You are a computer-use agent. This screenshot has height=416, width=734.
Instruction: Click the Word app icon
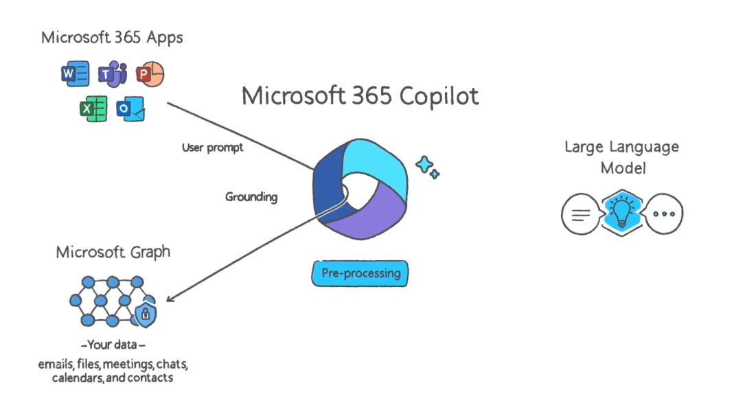(76, 73)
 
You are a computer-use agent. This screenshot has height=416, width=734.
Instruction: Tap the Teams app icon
(113, 74)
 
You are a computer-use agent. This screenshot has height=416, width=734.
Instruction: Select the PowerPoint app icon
(150, 74)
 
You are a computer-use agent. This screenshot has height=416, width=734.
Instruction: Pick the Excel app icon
(93, 109)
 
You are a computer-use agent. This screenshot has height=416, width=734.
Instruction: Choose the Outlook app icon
(130, 109)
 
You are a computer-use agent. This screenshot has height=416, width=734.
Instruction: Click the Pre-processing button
(360, 273)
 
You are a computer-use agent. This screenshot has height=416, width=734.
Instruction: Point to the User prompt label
(213, 148)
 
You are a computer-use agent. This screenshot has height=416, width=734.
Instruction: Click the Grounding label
(251, 196)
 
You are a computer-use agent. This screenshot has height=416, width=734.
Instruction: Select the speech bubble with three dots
(664, 214)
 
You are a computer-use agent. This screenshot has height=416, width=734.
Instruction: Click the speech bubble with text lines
(581, 214)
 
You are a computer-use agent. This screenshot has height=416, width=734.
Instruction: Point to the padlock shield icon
(146, 314)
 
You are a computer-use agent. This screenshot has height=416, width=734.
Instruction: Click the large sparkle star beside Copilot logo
(424, 165)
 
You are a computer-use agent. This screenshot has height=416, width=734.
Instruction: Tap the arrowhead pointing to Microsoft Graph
(170, 298)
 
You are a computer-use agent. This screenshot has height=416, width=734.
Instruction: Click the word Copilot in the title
(439, 96)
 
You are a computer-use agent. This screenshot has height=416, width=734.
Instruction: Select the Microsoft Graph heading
(113, 252)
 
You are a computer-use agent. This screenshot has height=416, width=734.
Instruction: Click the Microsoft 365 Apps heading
(113, 38)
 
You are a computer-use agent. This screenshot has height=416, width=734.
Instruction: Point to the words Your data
(113, 345)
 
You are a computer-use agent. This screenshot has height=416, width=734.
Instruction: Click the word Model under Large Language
(623, 168)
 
